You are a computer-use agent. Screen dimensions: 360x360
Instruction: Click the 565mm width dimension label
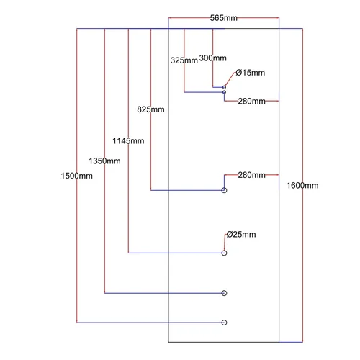(223, 18)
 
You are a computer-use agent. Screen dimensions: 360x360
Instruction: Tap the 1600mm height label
(302, 186)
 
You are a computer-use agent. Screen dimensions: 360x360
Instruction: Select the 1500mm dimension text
(76, 176)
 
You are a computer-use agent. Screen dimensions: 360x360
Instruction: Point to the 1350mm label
(104, 161)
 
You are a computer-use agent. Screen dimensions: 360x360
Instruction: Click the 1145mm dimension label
(128, 141)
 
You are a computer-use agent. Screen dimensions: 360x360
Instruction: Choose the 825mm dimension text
(150, 109)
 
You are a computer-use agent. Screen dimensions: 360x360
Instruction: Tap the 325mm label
(184, 60)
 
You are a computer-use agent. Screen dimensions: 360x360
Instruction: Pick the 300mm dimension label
(213, 58)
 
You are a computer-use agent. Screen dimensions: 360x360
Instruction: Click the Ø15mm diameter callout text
(251, 73)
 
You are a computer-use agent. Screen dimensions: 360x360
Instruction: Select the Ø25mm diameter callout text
(241, 235)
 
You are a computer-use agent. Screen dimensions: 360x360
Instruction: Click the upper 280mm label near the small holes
(252, 102)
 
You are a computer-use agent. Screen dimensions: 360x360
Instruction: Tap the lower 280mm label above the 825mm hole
(252, 175)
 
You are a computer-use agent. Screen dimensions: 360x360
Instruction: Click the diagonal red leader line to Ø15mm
(230, 78)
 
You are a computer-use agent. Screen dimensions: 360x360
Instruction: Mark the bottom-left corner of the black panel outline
(168, 342)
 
